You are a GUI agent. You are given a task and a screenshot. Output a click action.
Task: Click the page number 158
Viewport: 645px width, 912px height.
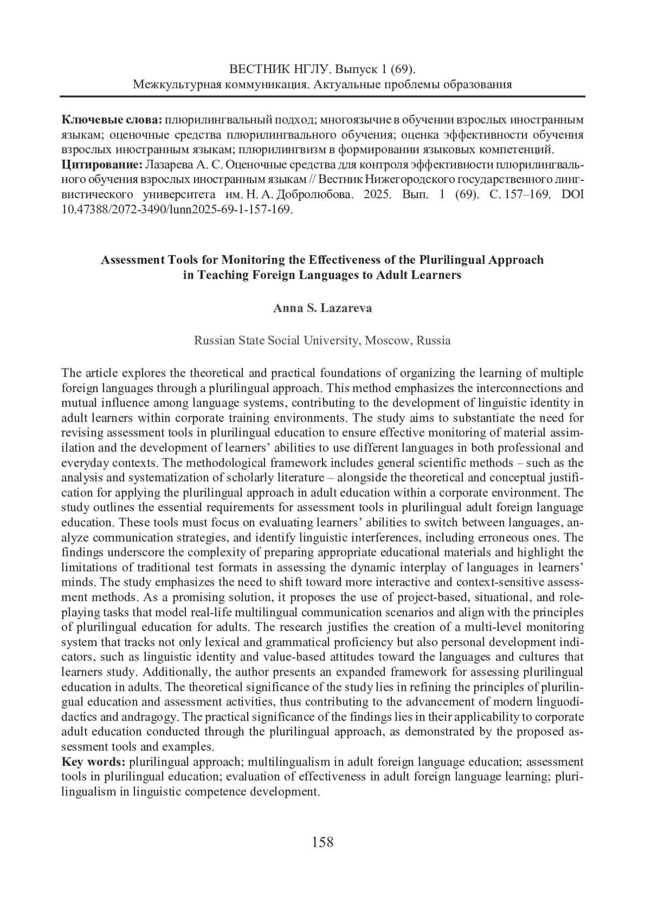(322, 842)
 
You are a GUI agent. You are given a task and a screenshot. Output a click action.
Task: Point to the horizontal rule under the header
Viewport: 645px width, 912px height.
(322, 97)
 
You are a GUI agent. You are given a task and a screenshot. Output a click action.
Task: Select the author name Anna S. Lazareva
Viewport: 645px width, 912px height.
(322, 308)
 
